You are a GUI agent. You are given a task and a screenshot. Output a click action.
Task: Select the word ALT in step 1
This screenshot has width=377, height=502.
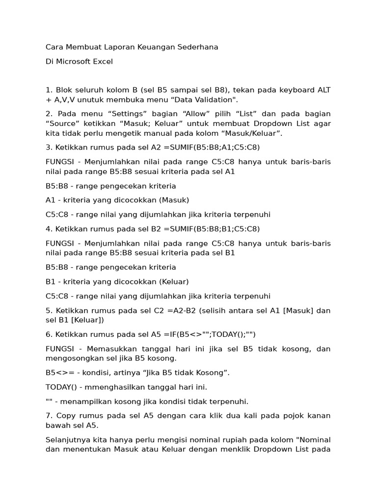pos(323,90)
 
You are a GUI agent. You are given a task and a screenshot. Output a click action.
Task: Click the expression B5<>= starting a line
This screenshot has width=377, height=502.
pos(58,373)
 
